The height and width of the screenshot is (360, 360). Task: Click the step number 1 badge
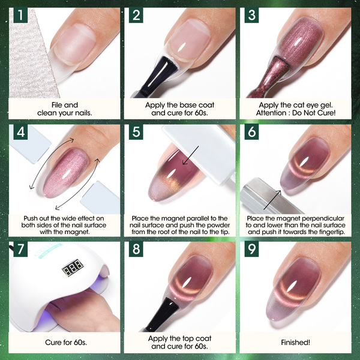(20, 15)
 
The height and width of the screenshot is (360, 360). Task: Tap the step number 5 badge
(136, 132)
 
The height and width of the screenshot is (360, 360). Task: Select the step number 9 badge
(251, 249)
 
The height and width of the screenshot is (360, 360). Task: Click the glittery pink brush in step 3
(271, 78)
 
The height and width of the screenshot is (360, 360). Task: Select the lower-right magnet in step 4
(100, 197)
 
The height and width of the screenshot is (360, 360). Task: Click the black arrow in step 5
(191, 155)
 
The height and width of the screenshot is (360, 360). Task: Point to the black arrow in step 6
(272, 200)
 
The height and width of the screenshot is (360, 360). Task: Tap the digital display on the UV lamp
(73, 268)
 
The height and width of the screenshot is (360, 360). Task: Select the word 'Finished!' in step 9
(295, 343)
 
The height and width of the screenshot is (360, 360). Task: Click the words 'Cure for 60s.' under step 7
(66, 343)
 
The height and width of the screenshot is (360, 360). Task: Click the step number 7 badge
(20, 249)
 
